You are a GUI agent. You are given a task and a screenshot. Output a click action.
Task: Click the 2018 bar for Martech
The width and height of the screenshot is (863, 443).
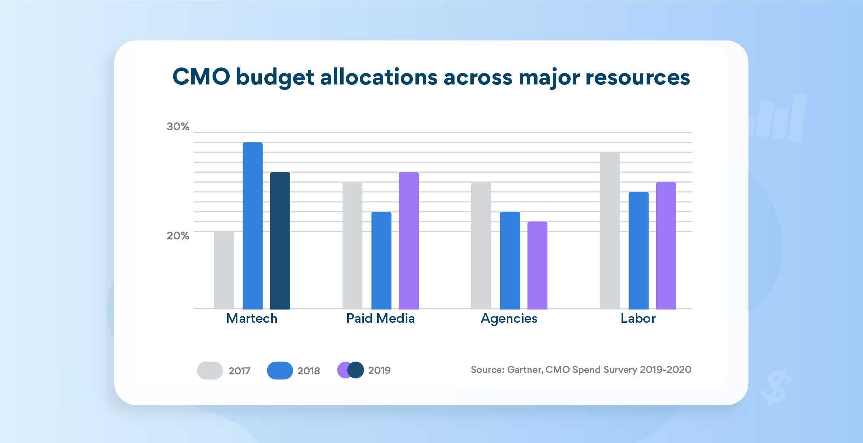pos(253,225)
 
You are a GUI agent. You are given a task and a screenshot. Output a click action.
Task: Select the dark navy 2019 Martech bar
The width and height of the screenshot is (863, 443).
pos(280,240)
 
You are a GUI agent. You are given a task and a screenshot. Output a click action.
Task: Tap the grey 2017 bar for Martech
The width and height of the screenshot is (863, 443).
pos(224,270)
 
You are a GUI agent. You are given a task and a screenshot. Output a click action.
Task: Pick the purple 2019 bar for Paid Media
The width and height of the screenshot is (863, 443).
pos(408,240)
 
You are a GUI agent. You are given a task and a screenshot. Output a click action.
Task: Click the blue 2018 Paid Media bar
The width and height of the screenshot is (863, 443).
pos(381,260)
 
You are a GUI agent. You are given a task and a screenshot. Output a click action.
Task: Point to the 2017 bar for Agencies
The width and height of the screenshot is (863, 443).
pos(481,245)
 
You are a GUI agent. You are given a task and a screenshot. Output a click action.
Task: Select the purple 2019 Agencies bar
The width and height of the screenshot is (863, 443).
pos(537,265)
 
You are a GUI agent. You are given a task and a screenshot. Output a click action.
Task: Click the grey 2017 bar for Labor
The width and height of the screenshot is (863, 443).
pos(609,231)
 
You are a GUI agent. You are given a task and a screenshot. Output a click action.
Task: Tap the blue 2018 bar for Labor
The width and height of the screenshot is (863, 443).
pos(638,250)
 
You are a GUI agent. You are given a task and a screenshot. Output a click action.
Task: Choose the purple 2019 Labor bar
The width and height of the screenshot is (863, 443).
pos(666,245)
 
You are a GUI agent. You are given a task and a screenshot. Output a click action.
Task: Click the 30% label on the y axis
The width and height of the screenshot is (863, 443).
pos(178,127)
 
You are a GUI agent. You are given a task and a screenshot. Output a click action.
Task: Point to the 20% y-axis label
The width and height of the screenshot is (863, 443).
pos(178,236)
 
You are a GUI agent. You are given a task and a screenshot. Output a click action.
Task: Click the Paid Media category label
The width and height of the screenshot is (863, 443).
pos(380,318)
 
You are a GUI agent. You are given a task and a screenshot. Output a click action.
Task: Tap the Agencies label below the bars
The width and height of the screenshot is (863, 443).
pos(509,318)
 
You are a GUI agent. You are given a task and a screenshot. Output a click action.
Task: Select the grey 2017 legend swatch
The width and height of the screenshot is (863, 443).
pos(210,370)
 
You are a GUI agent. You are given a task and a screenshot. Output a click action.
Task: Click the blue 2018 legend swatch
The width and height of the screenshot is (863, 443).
pos(280,370)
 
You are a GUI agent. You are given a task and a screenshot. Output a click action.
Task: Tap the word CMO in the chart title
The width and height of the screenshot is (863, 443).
pos(201,77)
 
